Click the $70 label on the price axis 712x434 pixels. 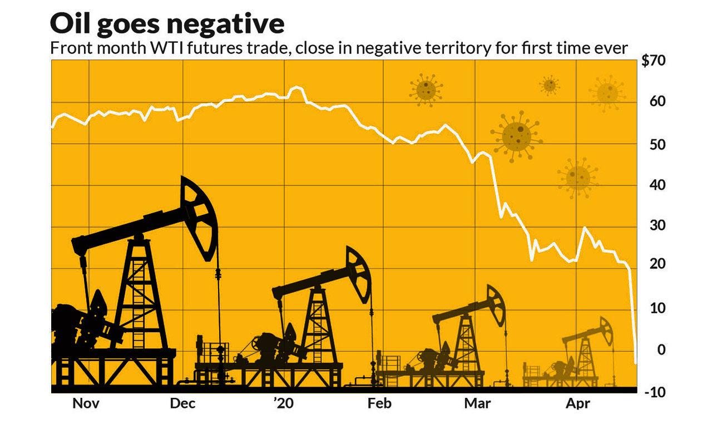pyautogui.click(x=653, y=61)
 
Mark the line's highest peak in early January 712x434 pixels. pyautogui.click(x=297, y=87)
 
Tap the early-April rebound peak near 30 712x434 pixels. pyautogui.click(x=584, y=228)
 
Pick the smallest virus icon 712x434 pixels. pyautogui.click(x=550, y=85)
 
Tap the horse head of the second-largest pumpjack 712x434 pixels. pyautogui.click(x=359, y=273)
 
